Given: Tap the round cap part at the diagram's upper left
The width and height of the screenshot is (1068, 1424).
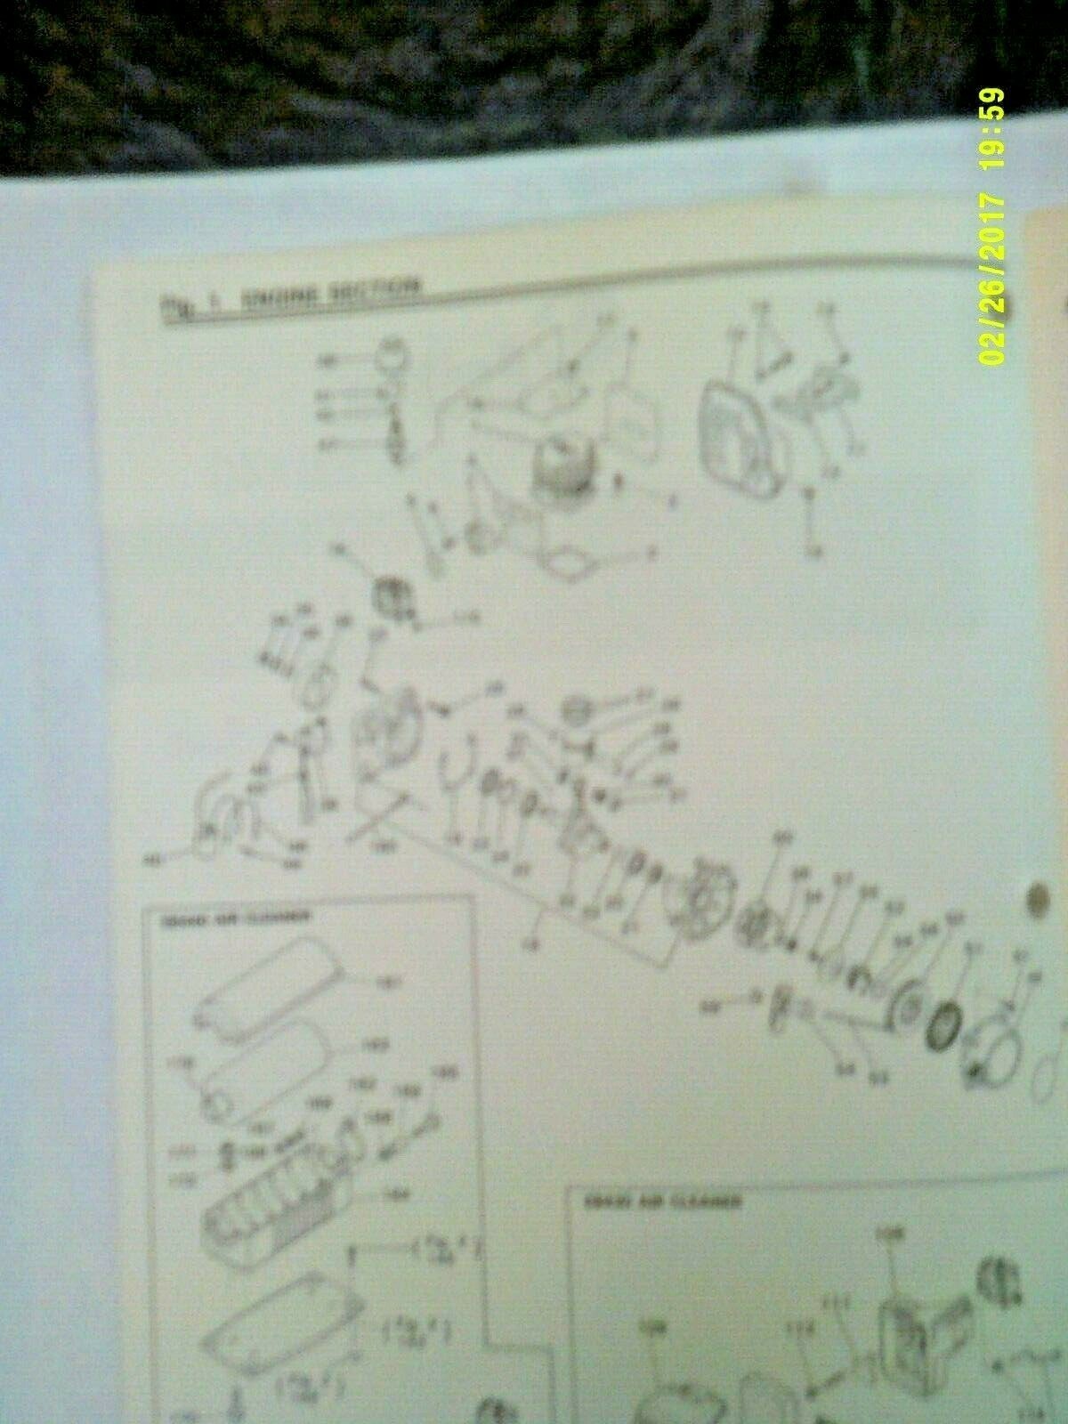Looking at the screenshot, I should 388,360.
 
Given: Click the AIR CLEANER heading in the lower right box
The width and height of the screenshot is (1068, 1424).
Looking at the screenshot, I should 663,1201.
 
